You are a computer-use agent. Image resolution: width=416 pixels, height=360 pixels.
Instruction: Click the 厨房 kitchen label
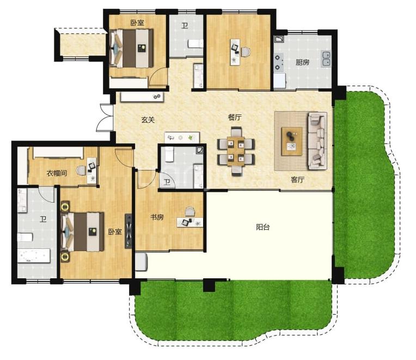click(x=302, y=62)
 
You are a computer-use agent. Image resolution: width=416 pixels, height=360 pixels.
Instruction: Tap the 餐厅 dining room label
click(x=235, y=117)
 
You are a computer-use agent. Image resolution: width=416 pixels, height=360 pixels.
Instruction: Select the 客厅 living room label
click(x=297, y=180)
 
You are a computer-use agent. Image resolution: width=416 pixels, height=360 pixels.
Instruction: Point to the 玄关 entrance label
click(x=148, y=120)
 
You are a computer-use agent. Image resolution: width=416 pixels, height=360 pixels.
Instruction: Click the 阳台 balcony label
click(x=263, y=227)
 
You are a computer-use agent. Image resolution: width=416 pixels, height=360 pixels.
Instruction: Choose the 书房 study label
click(x=157, y=217)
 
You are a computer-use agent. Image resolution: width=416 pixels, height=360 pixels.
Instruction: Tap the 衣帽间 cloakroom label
click(x=57, y=173)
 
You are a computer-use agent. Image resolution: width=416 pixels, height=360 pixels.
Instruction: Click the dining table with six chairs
click(x=236, y=151)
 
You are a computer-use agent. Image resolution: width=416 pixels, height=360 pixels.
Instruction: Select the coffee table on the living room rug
click(x=292, y=141)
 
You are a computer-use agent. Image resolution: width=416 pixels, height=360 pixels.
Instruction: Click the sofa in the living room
click(x=317, y=141)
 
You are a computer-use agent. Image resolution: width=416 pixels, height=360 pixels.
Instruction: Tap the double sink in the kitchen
click(x=326, y=59)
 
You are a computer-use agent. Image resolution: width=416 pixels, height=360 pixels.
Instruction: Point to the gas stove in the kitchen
click(x=278, y=62)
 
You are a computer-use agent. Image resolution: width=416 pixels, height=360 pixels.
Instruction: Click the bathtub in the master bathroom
click(x=34, y=256)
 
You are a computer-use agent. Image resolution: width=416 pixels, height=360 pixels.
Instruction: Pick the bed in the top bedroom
click(x=132, y=48)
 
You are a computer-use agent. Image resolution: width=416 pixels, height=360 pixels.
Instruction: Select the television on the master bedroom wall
click(x=129, y=231)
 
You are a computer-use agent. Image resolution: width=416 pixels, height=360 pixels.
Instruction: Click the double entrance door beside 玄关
click(x=105, y=118)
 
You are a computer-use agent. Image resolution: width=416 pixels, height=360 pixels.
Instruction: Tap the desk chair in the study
click(x=189, y=212)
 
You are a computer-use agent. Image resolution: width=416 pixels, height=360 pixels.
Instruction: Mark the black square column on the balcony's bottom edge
click(x=209, y=285)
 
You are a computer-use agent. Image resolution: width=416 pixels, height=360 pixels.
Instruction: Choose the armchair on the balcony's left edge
click(x=141, y=262)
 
